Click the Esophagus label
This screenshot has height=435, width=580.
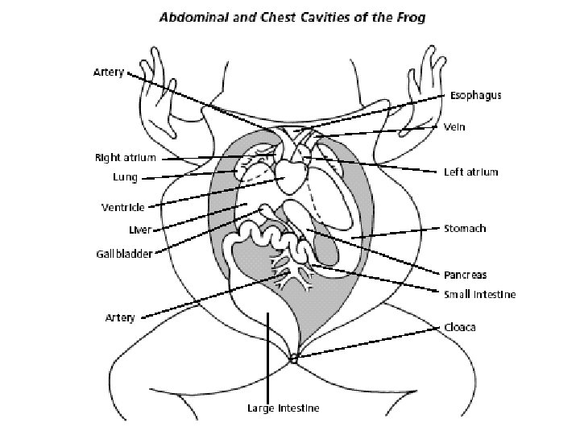click(x=475, y=95)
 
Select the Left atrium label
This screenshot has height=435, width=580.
click(x=471, y=172)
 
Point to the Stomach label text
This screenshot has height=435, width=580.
click(x=465, y=229)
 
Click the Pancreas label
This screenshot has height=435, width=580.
click(x=466, y=275)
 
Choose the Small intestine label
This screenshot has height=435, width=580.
click(x=480, y=294)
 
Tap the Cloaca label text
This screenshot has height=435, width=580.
click(x=460, y=328)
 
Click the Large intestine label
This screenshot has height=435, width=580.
click(x=283, y=408)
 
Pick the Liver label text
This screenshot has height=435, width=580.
click(x=141, y=230)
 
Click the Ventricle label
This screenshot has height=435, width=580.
click(x=123, y=207)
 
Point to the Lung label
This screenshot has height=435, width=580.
click(x=126, y=176)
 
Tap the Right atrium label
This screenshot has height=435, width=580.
click(x=125, y=158)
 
